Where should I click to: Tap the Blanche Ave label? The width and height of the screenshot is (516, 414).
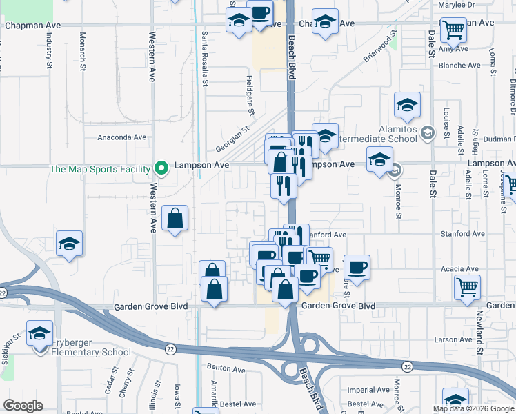tap(459, 66)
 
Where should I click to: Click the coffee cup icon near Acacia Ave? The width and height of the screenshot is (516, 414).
tap(356, 267)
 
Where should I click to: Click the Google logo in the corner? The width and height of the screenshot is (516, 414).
tap(23, 406)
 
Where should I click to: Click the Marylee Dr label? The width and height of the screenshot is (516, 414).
tap(457, 5)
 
